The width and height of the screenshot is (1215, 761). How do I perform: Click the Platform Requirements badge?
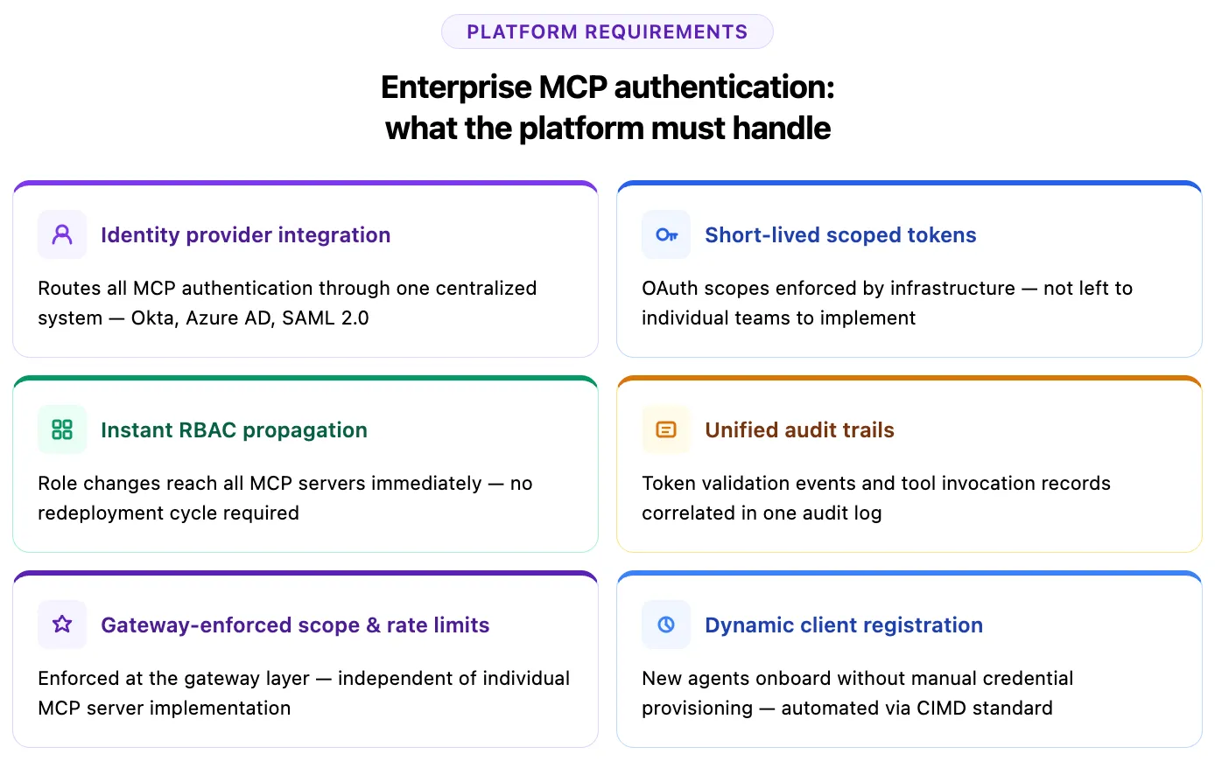pyautogui.click(x=607, y=31)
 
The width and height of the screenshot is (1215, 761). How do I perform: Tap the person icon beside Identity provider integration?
pyautogui.click(x=62, y=234)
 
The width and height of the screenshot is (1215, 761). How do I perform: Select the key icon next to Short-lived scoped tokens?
pyautogui.click(x=666, y=234)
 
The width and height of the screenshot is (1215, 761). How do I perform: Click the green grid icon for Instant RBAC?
pyautogui.click(x=62, y=429)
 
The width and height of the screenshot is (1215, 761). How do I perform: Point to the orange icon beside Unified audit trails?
pyautogui.click(x=666, y=429)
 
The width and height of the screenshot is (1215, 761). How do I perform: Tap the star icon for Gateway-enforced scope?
pyautogui.click(x=62, y=625)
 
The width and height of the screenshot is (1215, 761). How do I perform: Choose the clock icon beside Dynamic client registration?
pyautogui.click(x=666, y=625)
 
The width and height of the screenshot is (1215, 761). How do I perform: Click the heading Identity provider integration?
pyautogui.click(x=245, y=235)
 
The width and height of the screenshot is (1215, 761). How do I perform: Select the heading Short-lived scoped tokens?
pyautogui.click(x=840, y=235)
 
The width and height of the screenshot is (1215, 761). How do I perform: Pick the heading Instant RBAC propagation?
pyautogui.click(x=234, y=430)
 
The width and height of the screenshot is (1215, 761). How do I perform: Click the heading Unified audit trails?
pyautogui.click(x=799, y=430)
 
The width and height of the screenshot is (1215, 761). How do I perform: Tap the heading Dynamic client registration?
pyautogui.click(x=844, y=625)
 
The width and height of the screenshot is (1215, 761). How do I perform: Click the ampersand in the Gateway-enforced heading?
pyautogui.click(x=373, y=625)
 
